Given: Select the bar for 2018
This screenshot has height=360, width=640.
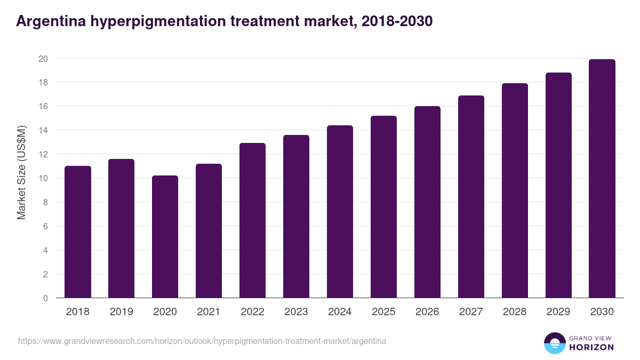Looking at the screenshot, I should coord(78,232).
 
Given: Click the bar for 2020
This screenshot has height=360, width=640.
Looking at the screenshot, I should coord(165,237).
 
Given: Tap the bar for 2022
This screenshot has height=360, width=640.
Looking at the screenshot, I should coord(253,220).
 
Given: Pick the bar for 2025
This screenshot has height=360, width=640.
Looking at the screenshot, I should coord(384,207).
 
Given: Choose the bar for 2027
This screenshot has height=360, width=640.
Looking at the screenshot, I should coord(471,197).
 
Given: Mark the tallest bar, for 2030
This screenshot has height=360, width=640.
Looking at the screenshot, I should coord(602,179).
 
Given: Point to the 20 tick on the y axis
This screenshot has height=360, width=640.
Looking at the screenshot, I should coord(43,59).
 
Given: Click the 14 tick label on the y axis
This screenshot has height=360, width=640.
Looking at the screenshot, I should coord(43,130).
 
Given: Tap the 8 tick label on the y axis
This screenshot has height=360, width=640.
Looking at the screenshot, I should coord(45,202).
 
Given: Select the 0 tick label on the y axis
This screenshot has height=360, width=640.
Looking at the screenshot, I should coord(45,298).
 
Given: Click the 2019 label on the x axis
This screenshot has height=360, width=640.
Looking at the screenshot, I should coord(122,312).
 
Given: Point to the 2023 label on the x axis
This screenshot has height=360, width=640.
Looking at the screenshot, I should coord(296,312).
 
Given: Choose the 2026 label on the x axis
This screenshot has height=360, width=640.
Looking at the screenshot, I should coord(427,312).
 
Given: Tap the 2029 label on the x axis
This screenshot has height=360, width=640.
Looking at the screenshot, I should coord(558,312).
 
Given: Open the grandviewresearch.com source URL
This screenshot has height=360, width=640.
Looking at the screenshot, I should coord(202,341).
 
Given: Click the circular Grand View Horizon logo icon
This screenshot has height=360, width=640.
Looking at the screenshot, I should coord(554,343).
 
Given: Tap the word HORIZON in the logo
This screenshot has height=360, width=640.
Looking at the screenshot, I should coord(591,347).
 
